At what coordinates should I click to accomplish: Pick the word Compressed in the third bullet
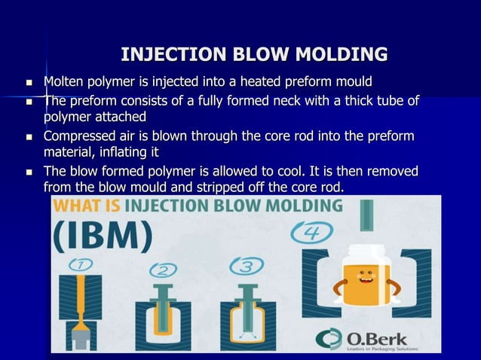point(79,137)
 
